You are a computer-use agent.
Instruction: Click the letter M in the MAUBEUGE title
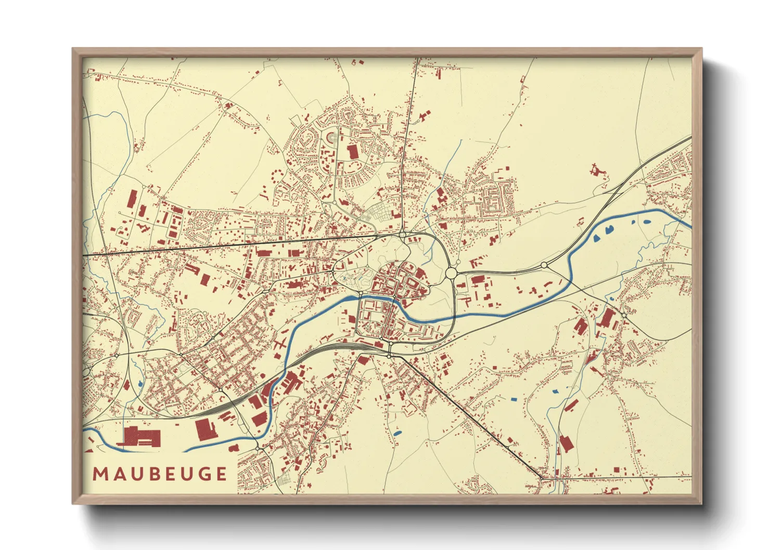(x=100, y=474)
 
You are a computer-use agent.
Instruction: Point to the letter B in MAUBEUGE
(x=151, y=474)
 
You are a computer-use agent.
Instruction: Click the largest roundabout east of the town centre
(x=451, y=273)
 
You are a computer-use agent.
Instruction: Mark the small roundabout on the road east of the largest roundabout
(x=544, y=265)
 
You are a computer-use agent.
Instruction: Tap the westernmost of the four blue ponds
(x=597, y=239)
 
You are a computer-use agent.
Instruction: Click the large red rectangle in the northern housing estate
(x=353, y=152)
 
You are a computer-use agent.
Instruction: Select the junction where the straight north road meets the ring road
(x=403, y=235)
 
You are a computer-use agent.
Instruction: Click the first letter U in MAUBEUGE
(x=134, y=474)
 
